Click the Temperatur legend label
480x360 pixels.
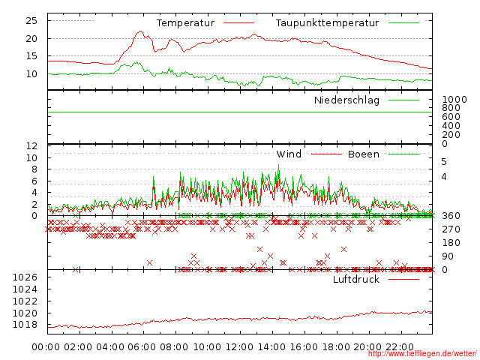[x=185, y=23]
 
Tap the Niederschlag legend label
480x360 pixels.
[x=346, y=100]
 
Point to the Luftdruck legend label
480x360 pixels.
[x=356, y=280]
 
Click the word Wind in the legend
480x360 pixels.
[x=289, y=154]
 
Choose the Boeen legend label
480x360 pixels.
[x=363, y=154]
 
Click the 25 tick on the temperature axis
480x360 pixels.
[x=32, y=20]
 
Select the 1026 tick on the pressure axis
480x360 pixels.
[x=25, y=277]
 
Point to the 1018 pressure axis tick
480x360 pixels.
[x=25, y=325]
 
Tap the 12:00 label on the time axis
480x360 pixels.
[x=239, y=346]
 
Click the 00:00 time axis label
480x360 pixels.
[x=46, y=346]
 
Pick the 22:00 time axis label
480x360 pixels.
[x=400, y=346]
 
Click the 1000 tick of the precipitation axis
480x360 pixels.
[x=454, y=100]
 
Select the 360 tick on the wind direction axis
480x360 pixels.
[x=450, y=216]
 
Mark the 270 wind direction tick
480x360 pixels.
[x=450, y=229]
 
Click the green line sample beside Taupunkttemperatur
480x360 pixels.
[x=403, y=23]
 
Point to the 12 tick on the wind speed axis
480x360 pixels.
[x=32, y=145]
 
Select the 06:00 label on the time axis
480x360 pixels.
[x=143, y=346]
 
